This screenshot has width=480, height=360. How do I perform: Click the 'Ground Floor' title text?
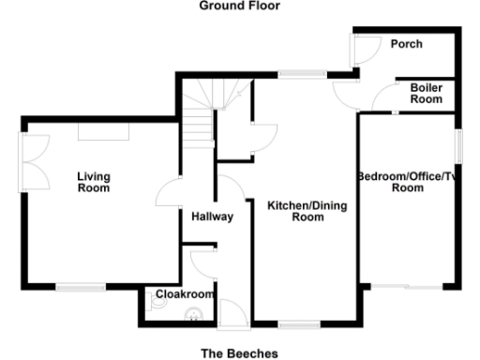(239, 6)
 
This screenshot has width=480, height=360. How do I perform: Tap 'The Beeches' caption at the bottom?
(239, 353)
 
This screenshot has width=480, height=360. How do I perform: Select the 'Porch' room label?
(406, 44)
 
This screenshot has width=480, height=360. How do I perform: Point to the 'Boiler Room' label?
(426, 94)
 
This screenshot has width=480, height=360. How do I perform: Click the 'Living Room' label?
(93, 182)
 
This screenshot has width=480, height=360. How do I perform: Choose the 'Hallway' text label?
(211, 217)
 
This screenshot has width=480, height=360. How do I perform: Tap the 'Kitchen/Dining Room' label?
(295, 211)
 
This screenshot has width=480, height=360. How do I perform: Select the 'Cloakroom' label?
(182, 293)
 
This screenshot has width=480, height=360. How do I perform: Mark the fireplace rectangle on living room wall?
(103, 134)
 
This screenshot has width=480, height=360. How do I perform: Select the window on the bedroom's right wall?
(458, 147)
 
